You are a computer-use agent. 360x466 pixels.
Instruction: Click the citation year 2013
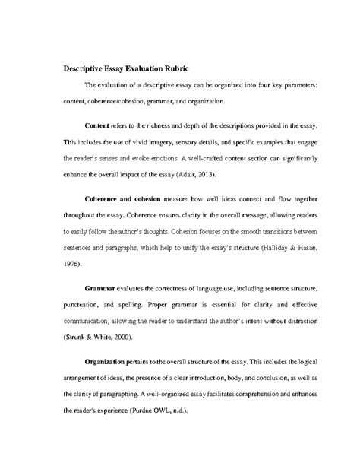185,178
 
